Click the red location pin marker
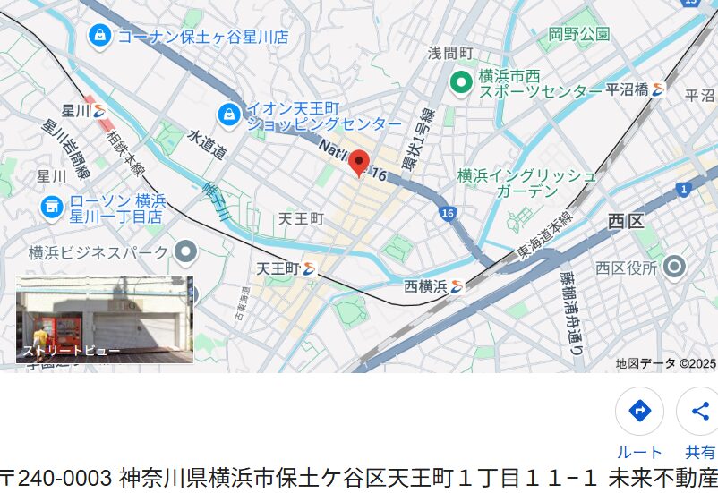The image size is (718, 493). (x=359, y=162)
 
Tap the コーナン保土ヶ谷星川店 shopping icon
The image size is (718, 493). (x=99, y=36)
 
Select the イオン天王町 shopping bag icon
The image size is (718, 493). (x=229, y=115)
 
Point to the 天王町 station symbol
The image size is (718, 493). (x=310, y=268)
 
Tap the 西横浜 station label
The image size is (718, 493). (x=425, y=286)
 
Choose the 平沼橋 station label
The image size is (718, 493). (x=628, y=89)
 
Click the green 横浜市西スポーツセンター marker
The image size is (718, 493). (x=460, y=83)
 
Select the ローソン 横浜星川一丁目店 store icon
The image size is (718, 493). (x=52, y=208)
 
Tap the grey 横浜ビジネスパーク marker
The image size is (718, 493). (x=185, y=252)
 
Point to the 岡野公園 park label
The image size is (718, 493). (x=579, y=35)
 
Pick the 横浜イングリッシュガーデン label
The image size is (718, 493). (x=526, y=183)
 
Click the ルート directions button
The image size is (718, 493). (x=639, y=412)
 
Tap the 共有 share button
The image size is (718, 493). (x=699, y=412)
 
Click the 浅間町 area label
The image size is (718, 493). (x=450, y=54)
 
